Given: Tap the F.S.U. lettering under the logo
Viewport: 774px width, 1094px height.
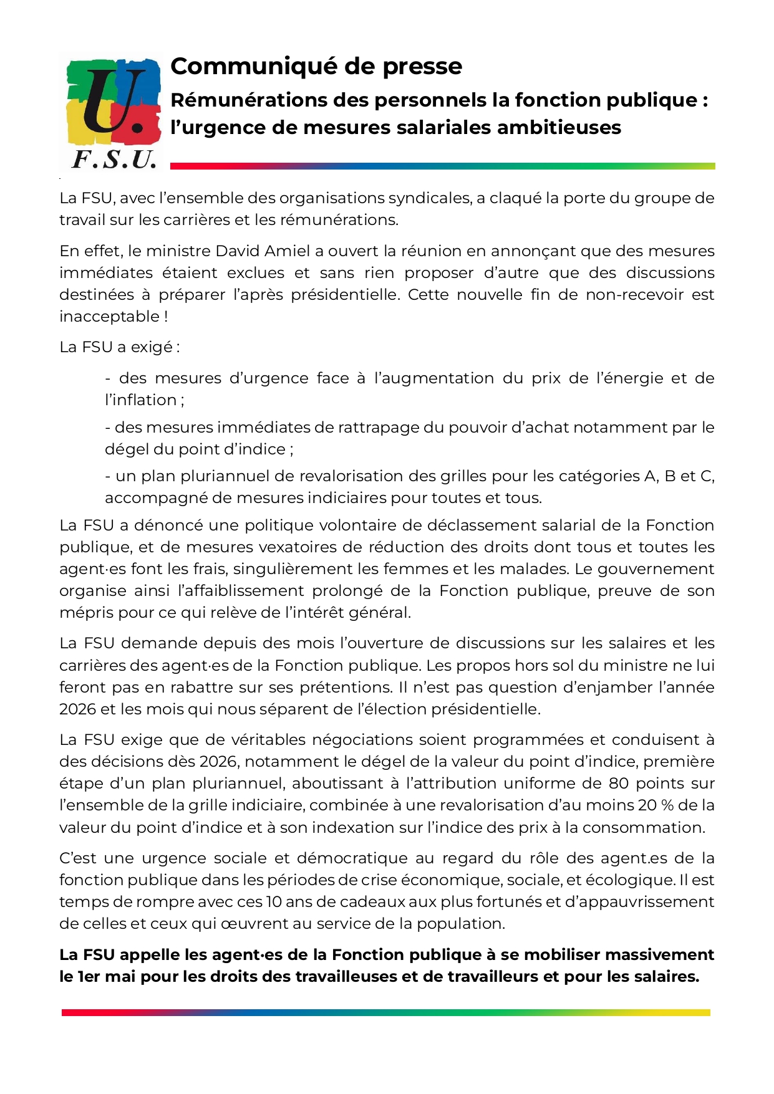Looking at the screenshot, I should (114, 160).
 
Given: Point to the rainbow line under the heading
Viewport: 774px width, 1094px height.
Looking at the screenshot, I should (442, 166).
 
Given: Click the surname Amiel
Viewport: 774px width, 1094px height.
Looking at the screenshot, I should (288, 251).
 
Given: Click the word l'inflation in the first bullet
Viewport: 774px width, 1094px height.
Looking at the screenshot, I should (141, 400).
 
